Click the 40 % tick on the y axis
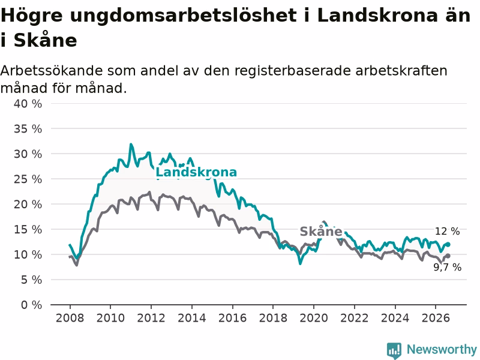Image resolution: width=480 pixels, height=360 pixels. (28, 104)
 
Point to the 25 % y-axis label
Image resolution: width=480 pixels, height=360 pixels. (28, 179)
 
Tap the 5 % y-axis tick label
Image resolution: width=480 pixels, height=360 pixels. (31, 280)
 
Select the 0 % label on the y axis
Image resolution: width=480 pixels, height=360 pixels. (31, 305)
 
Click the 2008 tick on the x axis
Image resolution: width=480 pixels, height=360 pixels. (70, 318)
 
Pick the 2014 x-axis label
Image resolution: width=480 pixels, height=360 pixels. (192, 318)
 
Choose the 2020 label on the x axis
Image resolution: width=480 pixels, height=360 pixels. (314, 318)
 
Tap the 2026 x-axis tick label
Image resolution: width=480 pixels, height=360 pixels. (436, 318)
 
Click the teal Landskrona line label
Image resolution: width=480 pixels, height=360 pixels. (196, 172)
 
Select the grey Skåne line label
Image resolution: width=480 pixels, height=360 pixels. (321, 232)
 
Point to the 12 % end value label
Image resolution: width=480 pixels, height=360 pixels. (447, 232)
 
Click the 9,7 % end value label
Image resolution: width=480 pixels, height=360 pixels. (447, 267)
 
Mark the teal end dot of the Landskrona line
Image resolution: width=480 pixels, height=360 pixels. (448, 244)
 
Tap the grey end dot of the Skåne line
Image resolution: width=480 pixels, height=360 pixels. (448, 256)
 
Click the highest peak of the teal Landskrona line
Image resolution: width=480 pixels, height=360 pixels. (131, 144)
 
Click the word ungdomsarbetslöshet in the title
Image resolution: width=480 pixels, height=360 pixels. (183, 16)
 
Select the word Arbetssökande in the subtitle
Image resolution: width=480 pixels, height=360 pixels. (52, 71)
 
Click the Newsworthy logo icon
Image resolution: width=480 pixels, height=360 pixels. (394, 350)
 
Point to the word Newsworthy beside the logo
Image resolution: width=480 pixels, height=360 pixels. (442, 349)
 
